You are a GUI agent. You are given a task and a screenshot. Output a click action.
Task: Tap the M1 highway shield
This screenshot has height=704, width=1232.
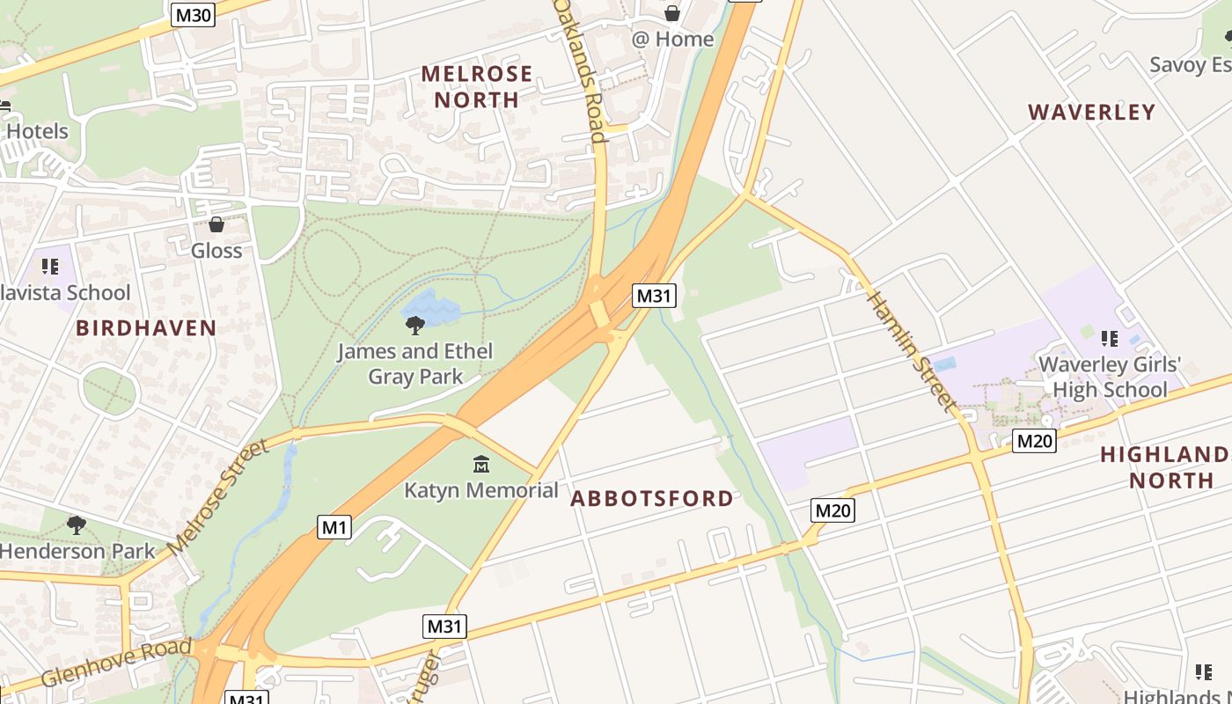pos(334,528)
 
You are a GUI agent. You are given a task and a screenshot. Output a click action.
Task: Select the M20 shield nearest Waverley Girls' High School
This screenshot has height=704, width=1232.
pos(1034,441)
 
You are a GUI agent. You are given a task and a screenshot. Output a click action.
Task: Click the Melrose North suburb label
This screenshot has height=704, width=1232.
pos(477,86)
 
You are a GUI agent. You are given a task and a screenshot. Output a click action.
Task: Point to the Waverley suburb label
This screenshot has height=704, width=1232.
pos(1091,112)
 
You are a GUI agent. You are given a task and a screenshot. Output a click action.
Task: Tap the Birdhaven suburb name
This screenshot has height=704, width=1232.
pos(146,328)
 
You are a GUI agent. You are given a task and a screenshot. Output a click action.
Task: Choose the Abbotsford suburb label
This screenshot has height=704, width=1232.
pos(651,499)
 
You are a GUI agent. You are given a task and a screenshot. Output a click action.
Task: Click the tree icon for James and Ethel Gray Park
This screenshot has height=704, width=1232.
pos(414,326)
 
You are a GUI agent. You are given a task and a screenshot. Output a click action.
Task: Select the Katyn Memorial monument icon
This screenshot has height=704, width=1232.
pos(480,465)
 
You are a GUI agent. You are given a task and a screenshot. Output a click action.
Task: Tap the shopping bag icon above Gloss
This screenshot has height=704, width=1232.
pos(216,225)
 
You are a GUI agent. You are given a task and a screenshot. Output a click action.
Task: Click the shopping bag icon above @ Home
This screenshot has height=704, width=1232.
pos(672,13)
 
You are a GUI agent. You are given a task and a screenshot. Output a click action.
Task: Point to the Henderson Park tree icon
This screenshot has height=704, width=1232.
pos(77,525)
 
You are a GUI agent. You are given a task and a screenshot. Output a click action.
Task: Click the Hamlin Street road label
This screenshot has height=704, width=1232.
pos(913,350)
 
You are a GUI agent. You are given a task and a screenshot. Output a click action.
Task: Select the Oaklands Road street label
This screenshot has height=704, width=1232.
pos(582,70)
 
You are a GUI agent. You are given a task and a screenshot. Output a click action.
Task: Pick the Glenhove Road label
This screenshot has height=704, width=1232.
pos(116,663)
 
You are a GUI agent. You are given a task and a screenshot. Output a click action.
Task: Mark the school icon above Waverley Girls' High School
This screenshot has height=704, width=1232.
pos(1110,339)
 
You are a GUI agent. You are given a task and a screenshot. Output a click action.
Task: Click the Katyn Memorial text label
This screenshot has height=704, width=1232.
pos(481,490)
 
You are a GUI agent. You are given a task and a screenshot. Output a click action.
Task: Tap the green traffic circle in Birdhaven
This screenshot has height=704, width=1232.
pos(110,390)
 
